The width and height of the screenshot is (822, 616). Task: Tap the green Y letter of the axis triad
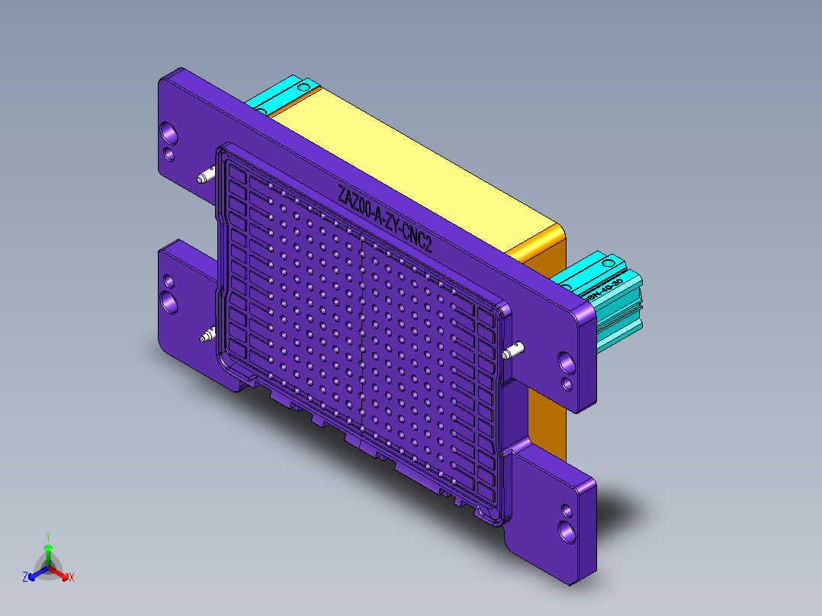coord(47,536)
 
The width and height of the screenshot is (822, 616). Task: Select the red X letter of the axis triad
coord(72,578)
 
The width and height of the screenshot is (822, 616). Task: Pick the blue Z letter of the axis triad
coord(25,578)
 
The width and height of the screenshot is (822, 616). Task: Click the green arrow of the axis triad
coord(47,550)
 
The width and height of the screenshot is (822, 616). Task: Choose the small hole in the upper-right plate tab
coord(567,382)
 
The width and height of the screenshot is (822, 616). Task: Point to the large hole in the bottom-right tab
coord(567,528)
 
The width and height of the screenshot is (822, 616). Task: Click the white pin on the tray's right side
coord(514,351)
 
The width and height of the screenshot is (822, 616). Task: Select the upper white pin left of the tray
coord(204,178)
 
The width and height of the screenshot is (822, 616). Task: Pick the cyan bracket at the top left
coord(282,95)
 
